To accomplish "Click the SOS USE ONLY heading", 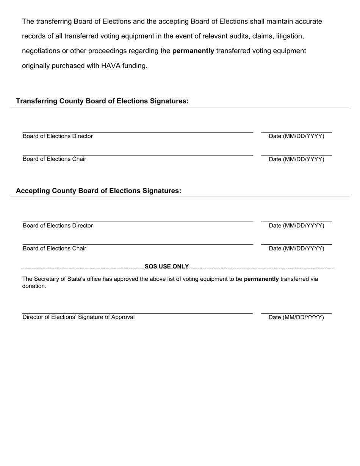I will tap(167, 266).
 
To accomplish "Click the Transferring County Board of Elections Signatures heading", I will tap(102, 101).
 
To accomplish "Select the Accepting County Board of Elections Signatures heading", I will tap(98, 191).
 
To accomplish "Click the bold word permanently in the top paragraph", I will tap(193, 51).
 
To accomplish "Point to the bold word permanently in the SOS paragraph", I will tap(261, 279).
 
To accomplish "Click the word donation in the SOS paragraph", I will tap(34, 286).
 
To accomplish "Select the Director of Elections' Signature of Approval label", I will tap(78, 317).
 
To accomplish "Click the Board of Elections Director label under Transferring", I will tap(58, 136).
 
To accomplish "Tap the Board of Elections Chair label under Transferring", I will tap(54, 159).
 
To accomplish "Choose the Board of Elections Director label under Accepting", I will tap(58, 226).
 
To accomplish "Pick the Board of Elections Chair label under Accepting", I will tap(54, 249).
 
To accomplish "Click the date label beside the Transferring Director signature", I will tap(296, 136).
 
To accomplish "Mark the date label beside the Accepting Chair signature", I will tap(296, 249).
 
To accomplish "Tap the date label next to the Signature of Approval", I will tap(296, 317).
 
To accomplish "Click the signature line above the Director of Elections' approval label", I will tap(137, 313).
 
